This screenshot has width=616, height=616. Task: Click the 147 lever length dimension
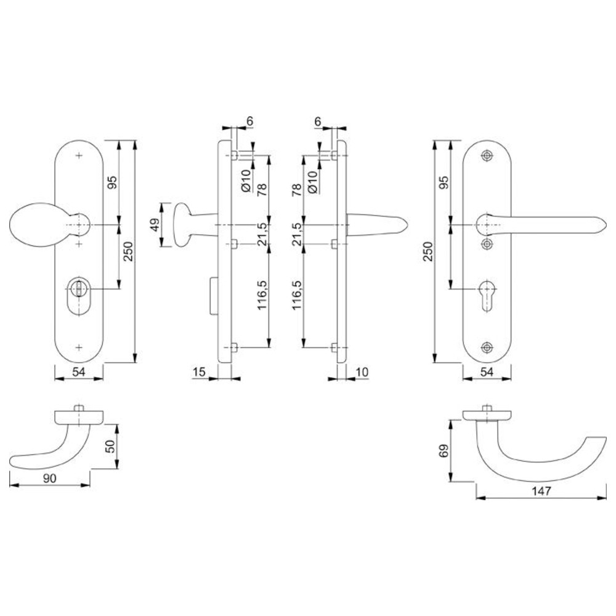[541, 491]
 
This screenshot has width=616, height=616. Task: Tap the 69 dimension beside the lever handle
[443, 451]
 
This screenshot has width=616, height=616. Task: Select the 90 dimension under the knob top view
[49, 478]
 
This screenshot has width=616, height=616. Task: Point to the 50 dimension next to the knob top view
[110, 446]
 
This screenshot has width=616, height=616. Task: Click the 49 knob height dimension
[155, 225]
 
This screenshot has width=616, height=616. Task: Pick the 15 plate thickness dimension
[199, 371]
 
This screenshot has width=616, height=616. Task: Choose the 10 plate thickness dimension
[362, 371]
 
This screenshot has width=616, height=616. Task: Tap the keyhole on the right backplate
[487, 295]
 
